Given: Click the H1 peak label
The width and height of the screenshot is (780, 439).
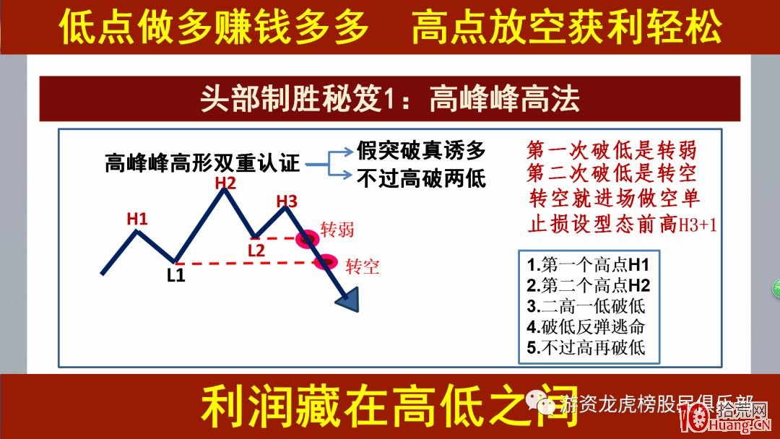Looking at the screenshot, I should tap(137, 217).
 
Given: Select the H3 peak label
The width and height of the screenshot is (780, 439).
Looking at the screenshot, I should tap(287, 201).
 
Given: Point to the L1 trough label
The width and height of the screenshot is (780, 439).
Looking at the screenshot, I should tap(176, 274).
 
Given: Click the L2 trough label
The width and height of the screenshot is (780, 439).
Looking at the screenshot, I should tap(256, 250).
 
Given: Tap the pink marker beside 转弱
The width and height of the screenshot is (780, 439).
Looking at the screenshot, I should tap(308, 238).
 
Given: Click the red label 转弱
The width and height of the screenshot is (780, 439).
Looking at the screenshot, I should tap(337, 230).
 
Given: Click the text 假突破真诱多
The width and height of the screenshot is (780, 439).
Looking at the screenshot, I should tap(420, 150).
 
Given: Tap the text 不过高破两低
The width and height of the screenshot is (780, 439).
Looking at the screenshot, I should tap(420, 177).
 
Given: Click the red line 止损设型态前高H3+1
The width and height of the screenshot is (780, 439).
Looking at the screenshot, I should tap(622, 223).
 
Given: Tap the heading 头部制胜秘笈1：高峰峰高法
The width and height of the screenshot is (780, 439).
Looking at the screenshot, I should tap(389, 99).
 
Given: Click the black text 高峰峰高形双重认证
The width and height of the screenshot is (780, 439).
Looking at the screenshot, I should tap(201, 163).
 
